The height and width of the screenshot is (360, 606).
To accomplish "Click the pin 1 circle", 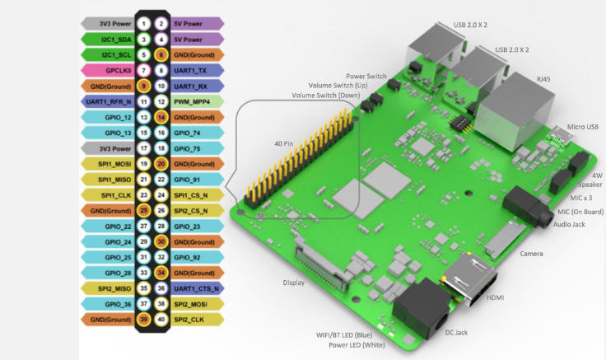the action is point(144,24).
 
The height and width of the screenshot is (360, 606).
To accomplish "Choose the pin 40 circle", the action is point(161,320).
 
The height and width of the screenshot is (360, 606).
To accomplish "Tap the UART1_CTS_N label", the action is point(197,288).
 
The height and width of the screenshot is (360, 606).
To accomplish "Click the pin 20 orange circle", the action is point(161,164).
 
